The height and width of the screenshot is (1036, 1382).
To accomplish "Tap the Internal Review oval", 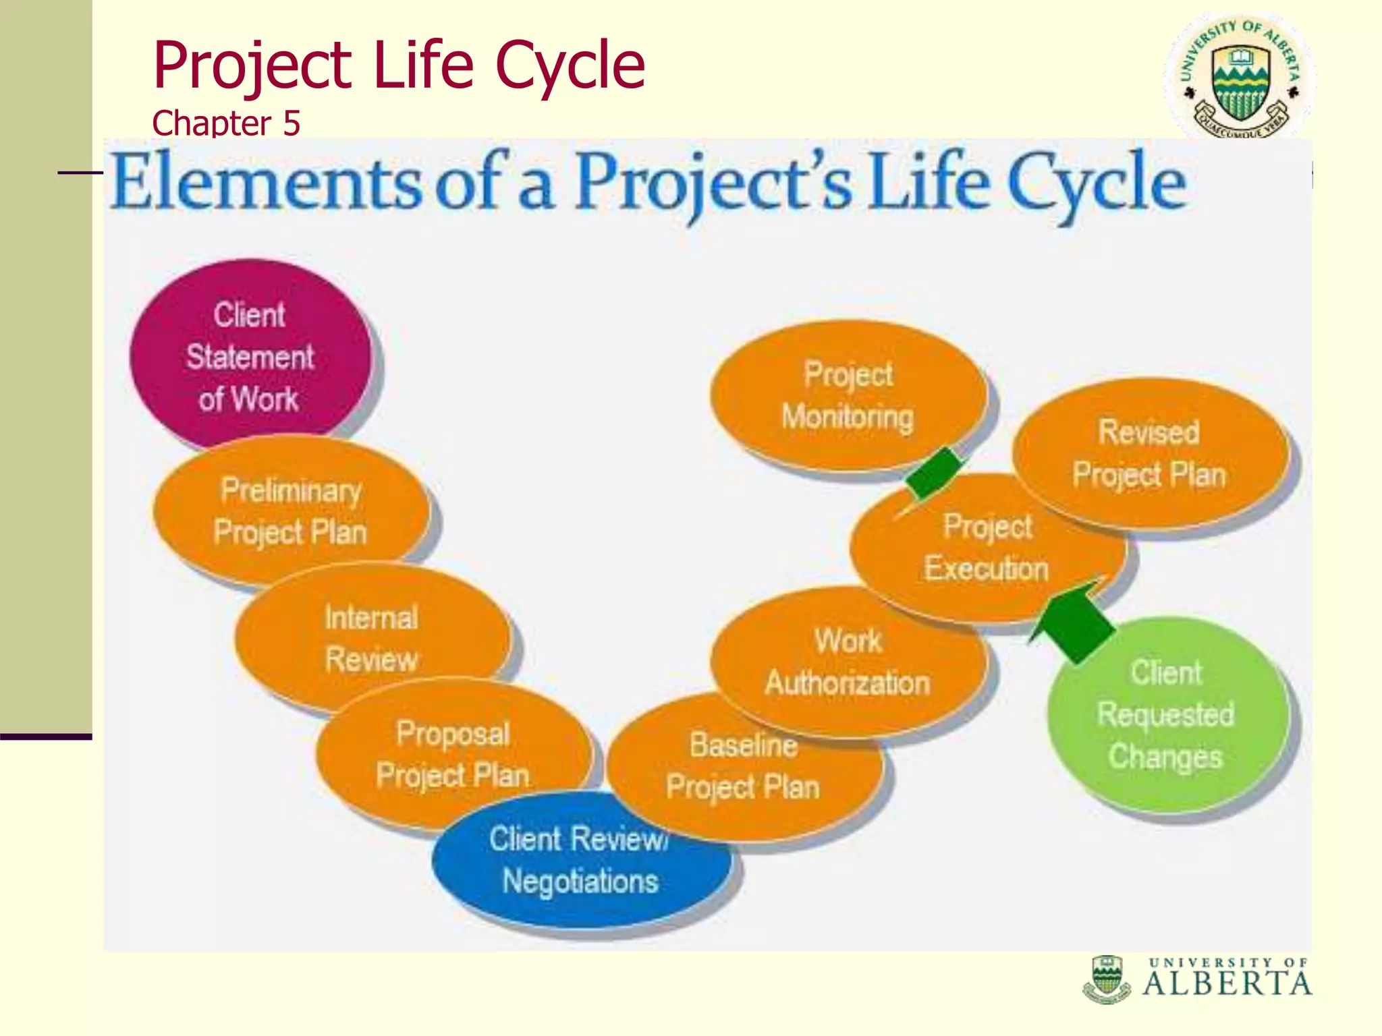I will [x=371, y=637].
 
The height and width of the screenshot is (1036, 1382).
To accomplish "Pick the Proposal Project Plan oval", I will [x=452, y=754].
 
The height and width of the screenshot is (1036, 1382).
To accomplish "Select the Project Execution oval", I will [x=987, y=548].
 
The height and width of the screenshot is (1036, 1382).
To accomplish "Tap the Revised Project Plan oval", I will [x=1149, y=453].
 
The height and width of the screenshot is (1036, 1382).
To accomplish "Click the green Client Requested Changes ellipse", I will [x=1166, y=715].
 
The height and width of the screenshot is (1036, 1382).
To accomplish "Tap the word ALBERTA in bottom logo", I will [x=1227, y=984].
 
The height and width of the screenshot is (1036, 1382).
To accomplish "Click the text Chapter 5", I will [x=226, y=123].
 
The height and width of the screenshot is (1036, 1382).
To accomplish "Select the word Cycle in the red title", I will [x=570, y=65].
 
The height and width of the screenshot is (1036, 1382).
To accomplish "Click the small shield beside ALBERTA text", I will [x=1106, y=978].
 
